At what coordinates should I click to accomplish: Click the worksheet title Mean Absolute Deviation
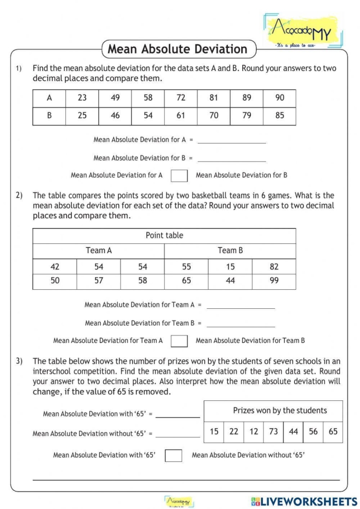point(177,49)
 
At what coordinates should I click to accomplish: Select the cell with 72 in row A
point(181,98)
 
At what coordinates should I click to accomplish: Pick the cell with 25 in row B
point(82,116)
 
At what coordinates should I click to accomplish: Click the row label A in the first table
point(49,98)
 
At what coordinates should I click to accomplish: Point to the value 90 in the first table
point(279,98)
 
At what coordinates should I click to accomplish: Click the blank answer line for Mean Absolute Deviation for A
point(231,140)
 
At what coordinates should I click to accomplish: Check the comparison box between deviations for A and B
point(179,175)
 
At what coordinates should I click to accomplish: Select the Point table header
point(164,236)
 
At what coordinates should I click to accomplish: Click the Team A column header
point(98,251)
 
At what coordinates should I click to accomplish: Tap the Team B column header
point(230,251)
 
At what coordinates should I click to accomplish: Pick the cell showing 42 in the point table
point(55,267)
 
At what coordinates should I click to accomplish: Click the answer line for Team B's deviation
point(240,324)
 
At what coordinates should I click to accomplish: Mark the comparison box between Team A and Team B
point(179,341)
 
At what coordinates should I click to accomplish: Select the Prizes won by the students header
point(280,411)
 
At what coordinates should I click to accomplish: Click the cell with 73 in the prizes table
point(274,432)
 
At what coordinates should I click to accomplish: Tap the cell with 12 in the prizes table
point(254,432)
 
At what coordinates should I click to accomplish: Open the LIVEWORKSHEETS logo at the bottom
point(304,501)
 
